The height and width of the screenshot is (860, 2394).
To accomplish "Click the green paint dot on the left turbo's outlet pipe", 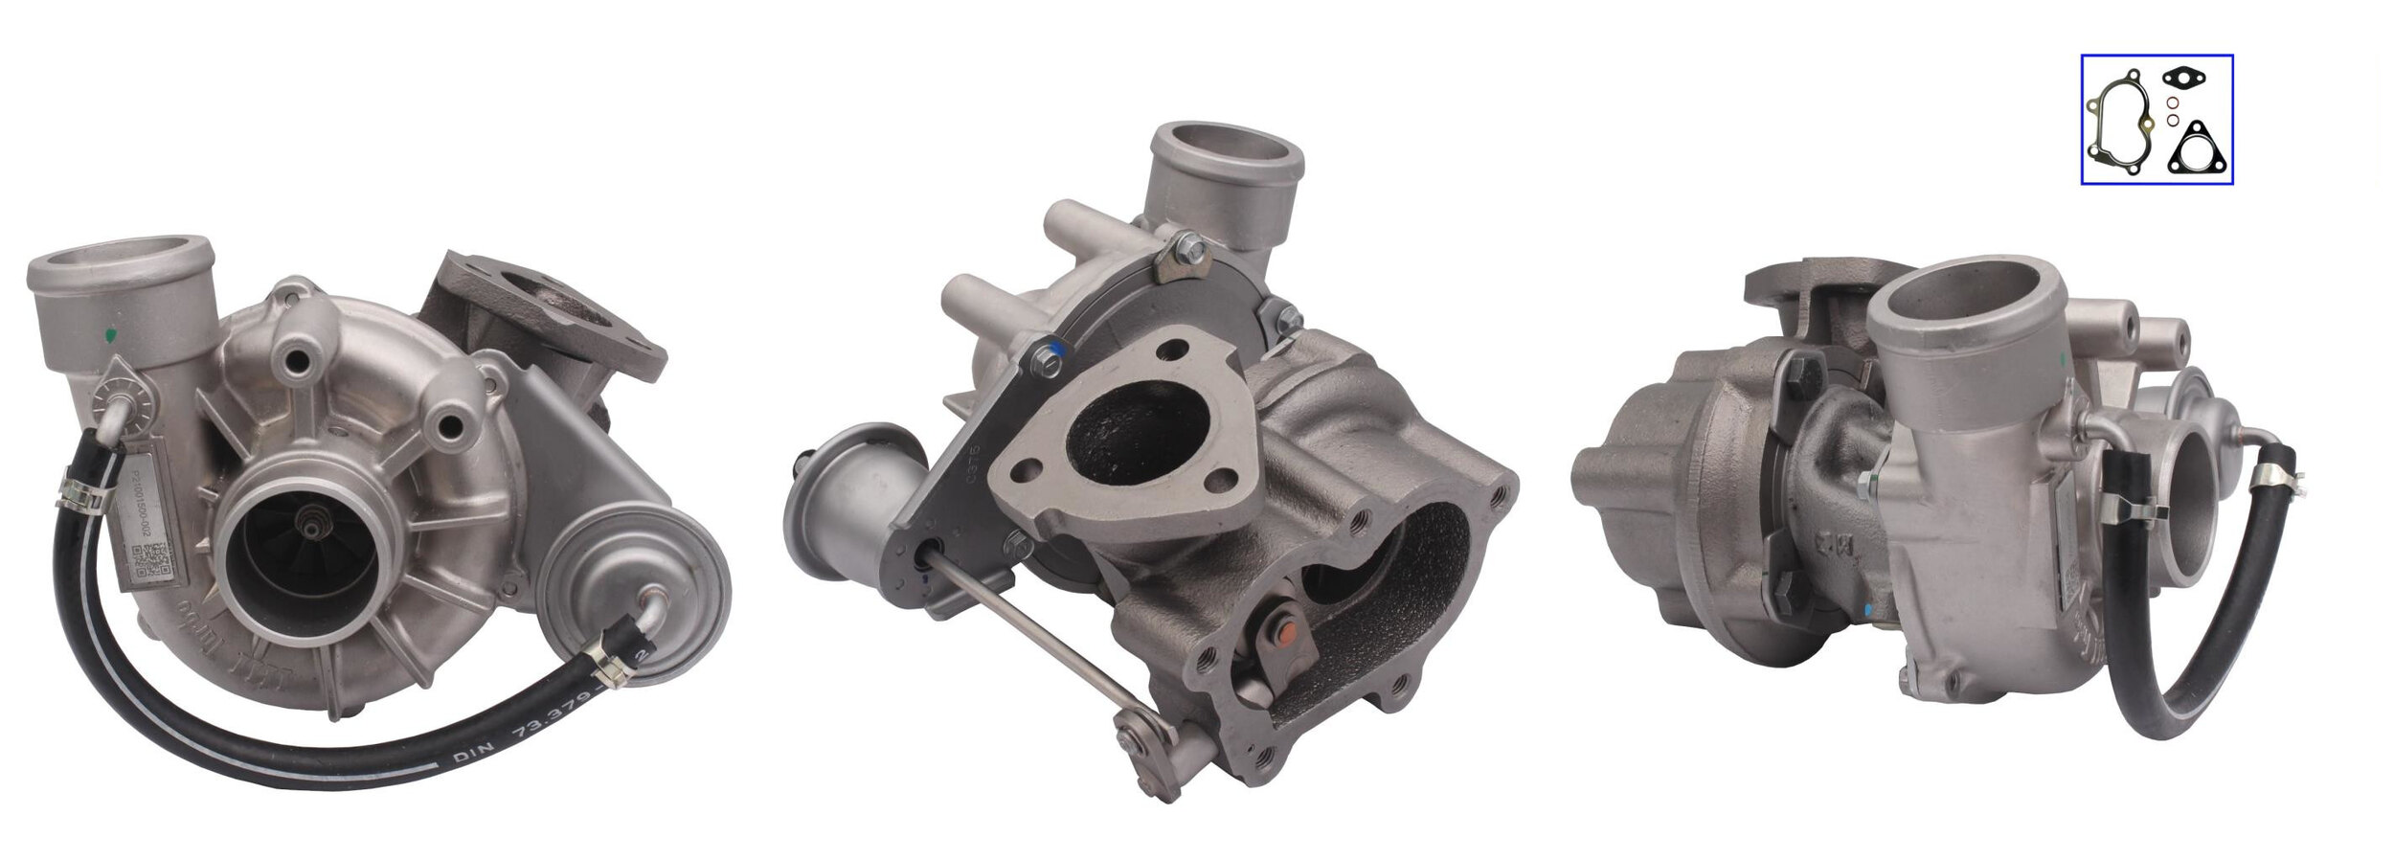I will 113,333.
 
